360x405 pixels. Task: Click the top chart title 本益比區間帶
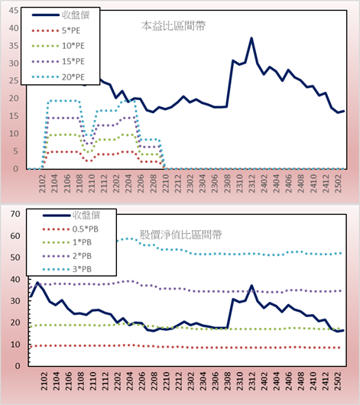[x=174, y=26]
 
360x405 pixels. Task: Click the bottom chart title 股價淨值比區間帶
[x=180, y=235]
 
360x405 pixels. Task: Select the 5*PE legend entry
[x=56, y=31]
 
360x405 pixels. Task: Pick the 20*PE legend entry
[x=58, y=77]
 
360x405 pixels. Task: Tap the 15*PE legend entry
[x=58, y=61]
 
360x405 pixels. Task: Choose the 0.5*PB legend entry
[x=70, y=229]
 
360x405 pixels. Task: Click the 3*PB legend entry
[x=67, y=269]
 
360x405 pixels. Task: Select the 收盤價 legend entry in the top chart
[x=60, y=15]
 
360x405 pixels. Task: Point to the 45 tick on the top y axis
[x=14, y=11]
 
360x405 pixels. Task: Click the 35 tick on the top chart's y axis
[x=14, y=46]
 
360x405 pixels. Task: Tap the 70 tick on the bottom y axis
[x=15, y=214]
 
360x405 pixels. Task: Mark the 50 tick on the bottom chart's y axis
[x=15, y=258]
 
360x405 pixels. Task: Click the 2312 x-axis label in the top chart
[x=251, y=183]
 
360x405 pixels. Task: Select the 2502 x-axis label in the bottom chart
[x=338, y=381]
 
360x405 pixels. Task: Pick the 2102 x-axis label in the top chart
[x=42, y=183]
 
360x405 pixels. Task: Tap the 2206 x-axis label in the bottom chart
[x=141, y=381]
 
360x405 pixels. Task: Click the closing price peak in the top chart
[x=251, y=38]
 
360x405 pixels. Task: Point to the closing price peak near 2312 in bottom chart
[x=251, y=286]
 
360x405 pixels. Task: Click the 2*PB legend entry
[x=67, y=256]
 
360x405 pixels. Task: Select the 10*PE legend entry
[x=58, y=46]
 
